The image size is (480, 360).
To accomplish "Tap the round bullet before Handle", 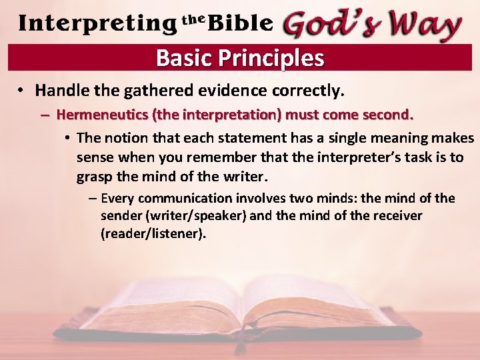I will [x=22, y=90].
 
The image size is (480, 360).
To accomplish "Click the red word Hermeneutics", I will [x=103, y=114].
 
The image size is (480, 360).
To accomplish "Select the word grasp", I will [x=95, y=177].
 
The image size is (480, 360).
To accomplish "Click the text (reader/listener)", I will [x=153, y=234].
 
